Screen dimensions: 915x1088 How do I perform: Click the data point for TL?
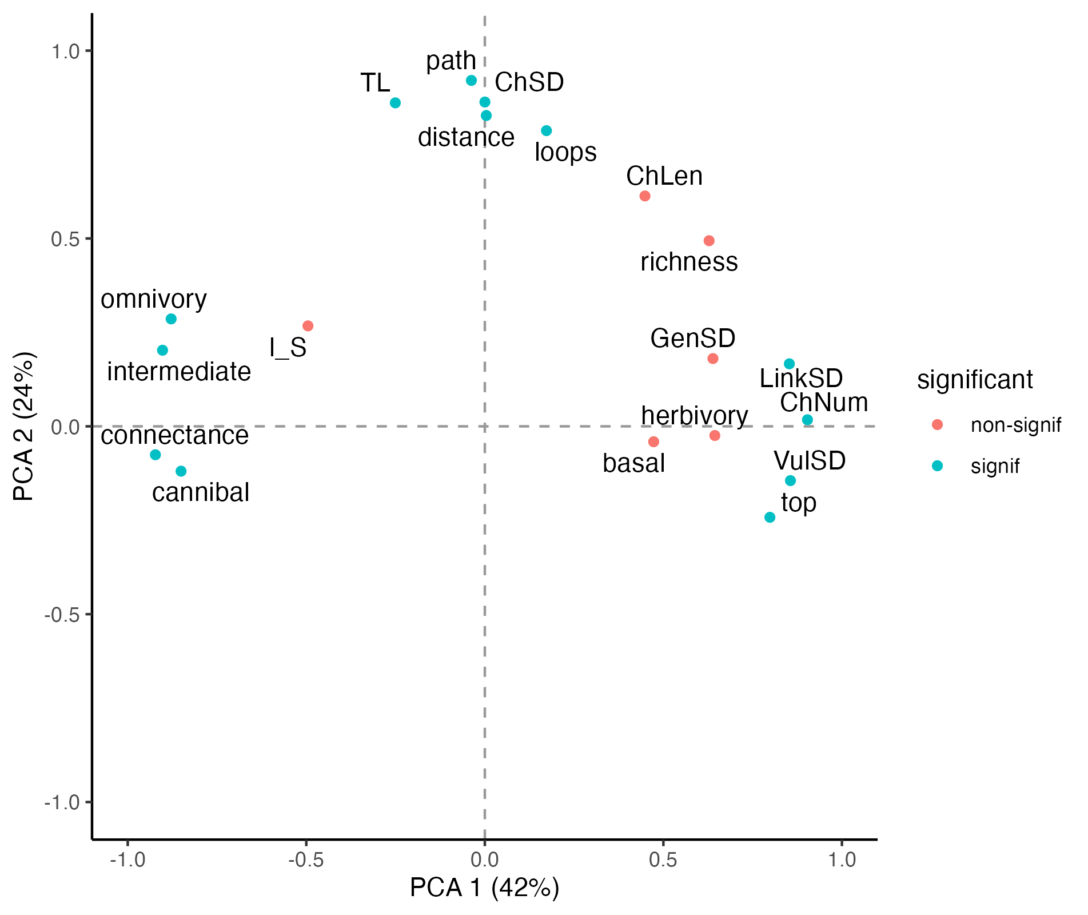395,103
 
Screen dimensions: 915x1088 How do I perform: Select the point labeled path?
471,81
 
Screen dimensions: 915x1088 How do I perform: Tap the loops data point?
547,131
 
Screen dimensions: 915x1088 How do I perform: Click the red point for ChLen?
645,196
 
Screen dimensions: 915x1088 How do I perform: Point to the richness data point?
709,241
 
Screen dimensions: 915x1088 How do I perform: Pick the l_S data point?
308,326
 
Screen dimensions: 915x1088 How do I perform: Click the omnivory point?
171,319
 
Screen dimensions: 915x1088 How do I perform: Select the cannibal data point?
181,471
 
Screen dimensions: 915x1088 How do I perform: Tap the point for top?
770,518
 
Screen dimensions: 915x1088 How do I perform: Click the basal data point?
653,441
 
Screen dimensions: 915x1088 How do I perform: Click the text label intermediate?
179,372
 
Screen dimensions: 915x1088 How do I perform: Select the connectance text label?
174,436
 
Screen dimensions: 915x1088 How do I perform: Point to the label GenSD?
692,339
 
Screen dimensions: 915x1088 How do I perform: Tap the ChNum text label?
824,403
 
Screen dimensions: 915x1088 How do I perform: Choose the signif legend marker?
937,466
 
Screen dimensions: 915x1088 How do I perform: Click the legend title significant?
975,380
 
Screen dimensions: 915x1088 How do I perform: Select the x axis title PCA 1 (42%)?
484,888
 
